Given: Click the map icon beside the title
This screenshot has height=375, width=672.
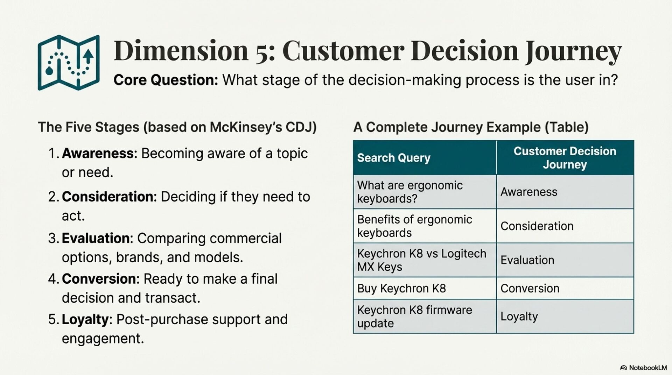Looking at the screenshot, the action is click(69, 62).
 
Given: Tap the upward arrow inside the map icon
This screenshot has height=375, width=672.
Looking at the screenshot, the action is click(88, 57).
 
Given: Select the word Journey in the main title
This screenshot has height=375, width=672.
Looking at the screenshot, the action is click(573, 51).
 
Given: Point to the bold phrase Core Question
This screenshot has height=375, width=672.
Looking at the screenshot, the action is click(166, 80).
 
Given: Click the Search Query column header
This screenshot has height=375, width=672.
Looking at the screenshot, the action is click(394, 158).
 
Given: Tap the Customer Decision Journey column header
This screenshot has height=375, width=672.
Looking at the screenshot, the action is click(565, 158).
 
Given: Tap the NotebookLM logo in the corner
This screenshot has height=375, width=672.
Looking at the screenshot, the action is click(643, 368).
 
